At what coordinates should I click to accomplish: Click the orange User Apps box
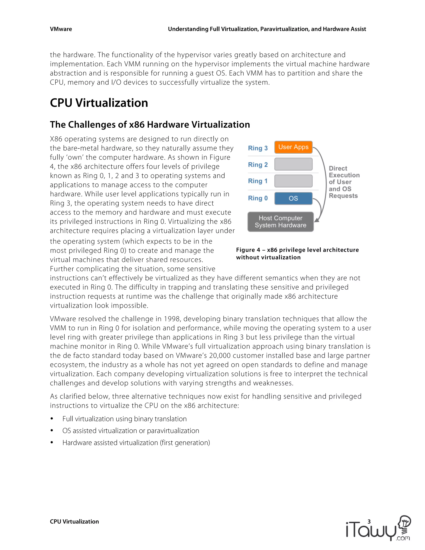pos(293,147)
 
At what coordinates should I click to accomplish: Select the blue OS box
pos(293,198)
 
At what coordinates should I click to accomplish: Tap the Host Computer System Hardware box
pos(281,222)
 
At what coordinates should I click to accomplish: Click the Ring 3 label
pos(258,148)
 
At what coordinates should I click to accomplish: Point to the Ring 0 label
pos(258,198)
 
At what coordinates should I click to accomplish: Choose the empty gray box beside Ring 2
pos(293,164)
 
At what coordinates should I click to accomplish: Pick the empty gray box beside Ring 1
pos(293,181)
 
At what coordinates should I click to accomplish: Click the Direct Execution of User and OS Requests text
pos(344,182)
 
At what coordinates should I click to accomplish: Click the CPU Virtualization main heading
pos(99,103)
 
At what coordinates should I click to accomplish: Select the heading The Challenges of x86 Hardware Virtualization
pos(150,125)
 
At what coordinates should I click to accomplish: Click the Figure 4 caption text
pos(297,253)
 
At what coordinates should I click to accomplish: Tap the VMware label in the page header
pos(61,29)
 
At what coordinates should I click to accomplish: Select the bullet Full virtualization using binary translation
pos(124,419)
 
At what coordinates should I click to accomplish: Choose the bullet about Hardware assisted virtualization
pos(136,443)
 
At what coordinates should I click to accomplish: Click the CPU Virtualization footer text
pos(74,522)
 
